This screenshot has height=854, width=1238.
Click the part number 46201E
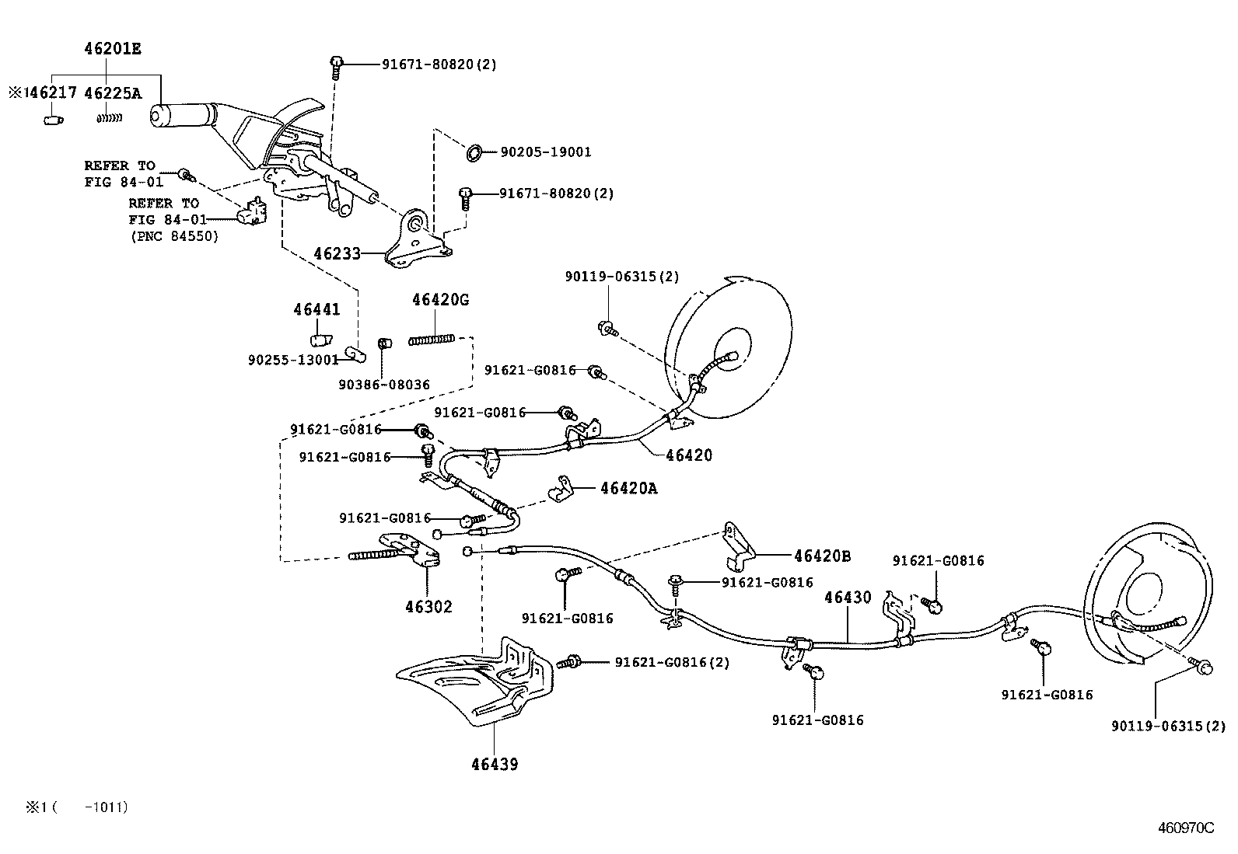(x=113, y=49)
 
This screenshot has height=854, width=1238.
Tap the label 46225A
(x=113, y=92)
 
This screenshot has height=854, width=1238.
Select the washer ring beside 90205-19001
(x=474, y=152)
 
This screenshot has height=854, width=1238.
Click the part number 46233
(x=337, y=253)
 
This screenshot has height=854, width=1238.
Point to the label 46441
(x=316, y=310)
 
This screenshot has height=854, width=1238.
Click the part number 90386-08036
(x=384, y=385)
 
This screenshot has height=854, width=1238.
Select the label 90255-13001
(x=293, y=360)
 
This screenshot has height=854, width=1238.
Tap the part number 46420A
(x=629, y=488)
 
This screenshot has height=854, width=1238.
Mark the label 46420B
(x=823, y=556)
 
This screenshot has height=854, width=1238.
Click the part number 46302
(x=429, y=607)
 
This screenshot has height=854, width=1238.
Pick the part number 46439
(x=495, y=765)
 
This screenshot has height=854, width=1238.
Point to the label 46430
(x=848, y=597)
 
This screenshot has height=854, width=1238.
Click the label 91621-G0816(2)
(x=672, y=662)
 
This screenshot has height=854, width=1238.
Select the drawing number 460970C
(x=1186, y=828)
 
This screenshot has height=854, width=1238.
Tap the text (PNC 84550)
(x=175, y=236)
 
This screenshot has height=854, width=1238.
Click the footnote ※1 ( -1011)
(x=77, y=807)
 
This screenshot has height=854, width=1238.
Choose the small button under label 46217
(x=54, y=120)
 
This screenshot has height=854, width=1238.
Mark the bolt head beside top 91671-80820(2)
(x=337, y=61)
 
